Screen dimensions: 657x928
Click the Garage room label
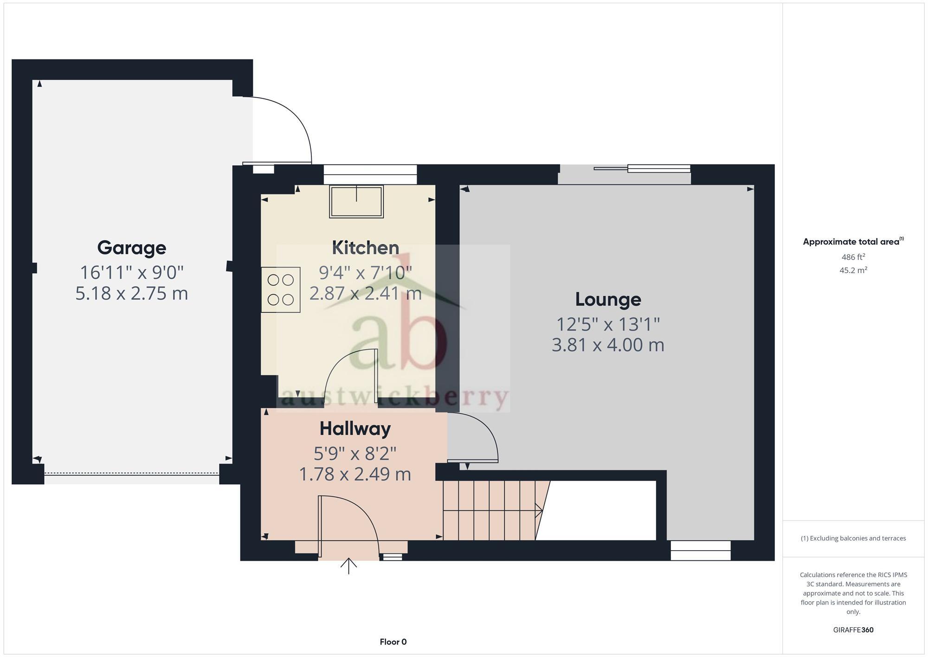[x=131, y=247]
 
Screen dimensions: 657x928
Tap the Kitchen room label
[x=365, y=247]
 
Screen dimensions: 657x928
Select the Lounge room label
[x=608, y=299]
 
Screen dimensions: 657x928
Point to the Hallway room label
[x=355, y=428]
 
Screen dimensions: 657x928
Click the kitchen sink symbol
[x=356, y=202]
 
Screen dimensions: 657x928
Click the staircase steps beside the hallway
[x=490, y=510]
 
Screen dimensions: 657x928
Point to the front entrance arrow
[x=348, y=566]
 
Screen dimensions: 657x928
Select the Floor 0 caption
[x=393, y=642]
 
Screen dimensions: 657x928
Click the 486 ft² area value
[x=853, y=257]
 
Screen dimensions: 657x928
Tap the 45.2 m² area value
[x=853, y=270]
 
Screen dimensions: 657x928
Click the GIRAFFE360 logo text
[x=853, y=630]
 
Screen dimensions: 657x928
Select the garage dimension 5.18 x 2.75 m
[x=131, y=293]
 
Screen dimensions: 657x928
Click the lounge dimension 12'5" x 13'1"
[x=608, y=324]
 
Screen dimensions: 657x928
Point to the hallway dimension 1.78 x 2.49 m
[x=355, y=474]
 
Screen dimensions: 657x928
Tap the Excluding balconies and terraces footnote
[x=853, y=538]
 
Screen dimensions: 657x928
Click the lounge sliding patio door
[x=643, y=169]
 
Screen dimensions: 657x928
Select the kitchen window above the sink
[x=370, y=174]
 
